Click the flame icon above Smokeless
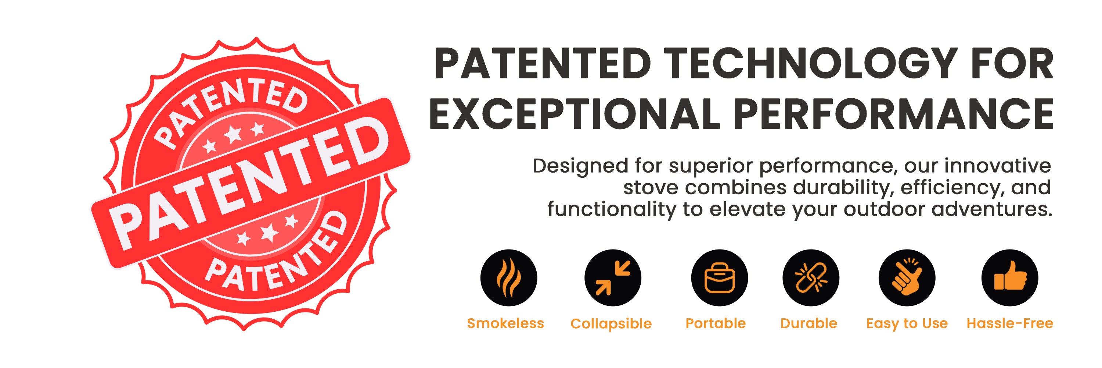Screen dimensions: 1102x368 [509, 277]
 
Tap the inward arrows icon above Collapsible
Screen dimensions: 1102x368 [613, 277]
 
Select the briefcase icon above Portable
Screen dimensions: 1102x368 [720, 277]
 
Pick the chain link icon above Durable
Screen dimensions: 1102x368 [811, 277]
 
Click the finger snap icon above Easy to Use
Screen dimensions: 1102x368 [907, 277]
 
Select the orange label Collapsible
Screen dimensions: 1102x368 [611, 324]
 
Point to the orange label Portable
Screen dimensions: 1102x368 [715, 323]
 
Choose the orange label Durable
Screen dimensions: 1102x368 [809, 323]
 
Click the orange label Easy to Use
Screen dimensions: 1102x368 [907, 323]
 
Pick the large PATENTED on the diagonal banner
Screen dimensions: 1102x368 [249, 183]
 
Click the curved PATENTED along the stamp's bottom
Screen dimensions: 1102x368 [278, 257]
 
